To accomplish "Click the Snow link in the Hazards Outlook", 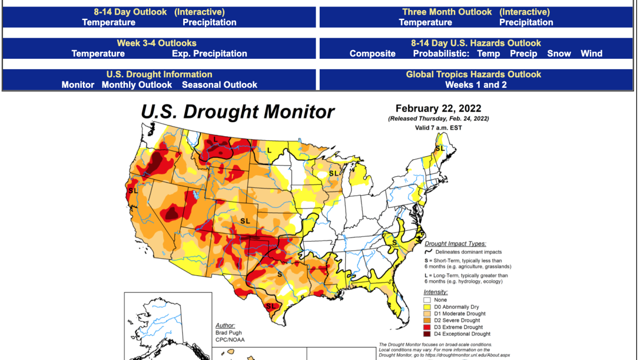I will point(559,54).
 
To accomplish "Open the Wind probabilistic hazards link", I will point(591,54).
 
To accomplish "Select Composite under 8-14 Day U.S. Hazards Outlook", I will point(372,54).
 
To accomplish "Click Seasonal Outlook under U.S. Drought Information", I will point(219,85).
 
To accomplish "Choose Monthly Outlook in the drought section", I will point(137,85).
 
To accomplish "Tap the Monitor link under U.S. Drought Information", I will point(78,85).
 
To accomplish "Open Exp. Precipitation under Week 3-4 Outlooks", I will point(209,54).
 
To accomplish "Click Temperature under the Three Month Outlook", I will point(425,23).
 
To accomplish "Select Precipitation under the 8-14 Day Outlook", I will point(209,23).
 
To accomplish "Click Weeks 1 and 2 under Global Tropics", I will point(476,85).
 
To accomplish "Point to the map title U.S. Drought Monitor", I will point(237,111).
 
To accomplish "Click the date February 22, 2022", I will point(438,108).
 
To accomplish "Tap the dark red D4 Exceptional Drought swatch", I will point(427,334).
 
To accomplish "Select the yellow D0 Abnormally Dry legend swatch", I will point(427,307).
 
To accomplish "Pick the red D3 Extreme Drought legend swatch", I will point(427,327).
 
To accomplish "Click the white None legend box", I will point(427,300).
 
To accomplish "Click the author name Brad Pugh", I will point(228,333).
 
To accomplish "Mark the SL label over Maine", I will point(439,148).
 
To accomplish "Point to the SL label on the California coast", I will point(133,191).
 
